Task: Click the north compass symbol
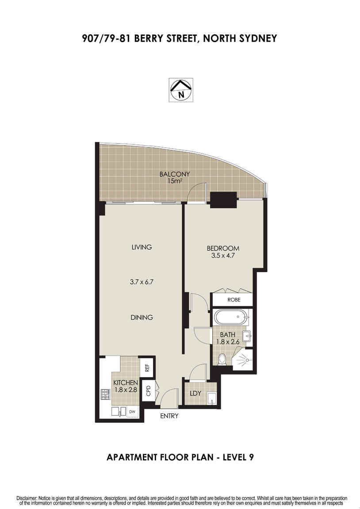coord(180,89)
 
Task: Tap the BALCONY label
coord(174,174)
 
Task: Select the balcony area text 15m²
coord(174,181)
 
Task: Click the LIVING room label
coord(142,247)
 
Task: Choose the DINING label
coord(142,317)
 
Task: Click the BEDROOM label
coord(223,248)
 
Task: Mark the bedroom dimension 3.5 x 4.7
coord(223,255)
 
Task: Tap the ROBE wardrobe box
coord(233,300)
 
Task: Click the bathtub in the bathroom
coord(231,317)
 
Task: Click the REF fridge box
coord(146,367)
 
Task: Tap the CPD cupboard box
coord(149,391)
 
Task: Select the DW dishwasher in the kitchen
coord(132,412)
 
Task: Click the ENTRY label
coord(169,416)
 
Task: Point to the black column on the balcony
coord(223,200)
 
